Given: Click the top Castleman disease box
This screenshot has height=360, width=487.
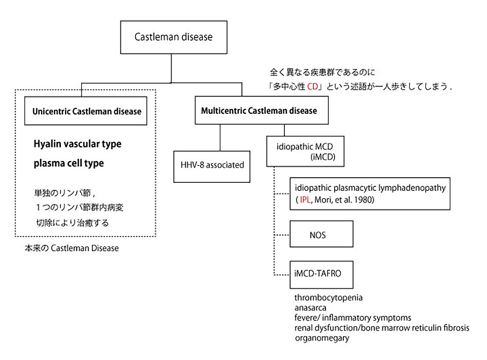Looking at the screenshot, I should coord(173,37).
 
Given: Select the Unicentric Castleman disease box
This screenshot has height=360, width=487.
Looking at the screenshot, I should coord(86,111).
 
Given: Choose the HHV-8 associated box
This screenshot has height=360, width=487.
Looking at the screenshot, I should coord(212,165).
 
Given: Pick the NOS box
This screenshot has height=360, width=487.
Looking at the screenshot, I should coord(321,236).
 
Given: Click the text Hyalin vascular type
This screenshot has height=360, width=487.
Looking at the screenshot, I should coord(78,144).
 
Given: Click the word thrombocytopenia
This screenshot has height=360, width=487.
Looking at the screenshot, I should coord(328,297).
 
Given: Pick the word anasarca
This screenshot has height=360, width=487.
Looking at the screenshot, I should coord(311,307).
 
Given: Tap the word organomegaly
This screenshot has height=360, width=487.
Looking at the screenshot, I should coord(321,338).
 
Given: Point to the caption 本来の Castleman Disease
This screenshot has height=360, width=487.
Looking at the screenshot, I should coord(71,249).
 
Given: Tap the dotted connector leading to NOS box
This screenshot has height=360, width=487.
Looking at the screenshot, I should coord(282,236).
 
